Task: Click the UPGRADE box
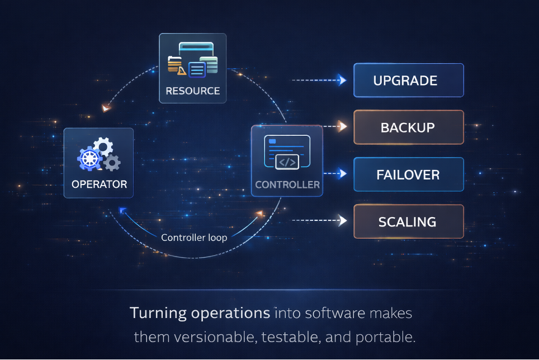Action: pos(408,80)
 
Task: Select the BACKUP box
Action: pos(408,127)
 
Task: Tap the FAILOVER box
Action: pos(408,174)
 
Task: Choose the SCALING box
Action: pos(408,222)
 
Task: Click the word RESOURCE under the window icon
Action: pos(192,91)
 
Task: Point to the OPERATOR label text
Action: pos(99,184)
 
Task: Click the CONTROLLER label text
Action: pos(287,184)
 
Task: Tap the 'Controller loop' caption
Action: pos(194,238)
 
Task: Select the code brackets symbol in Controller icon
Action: pos(287,162)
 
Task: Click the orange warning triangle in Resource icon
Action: pos(181,71)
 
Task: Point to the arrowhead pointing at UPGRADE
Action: pos(342,80)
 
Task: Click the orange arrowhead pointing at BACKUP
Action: pos(342,126)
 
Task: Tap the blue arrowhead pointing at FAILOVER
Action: pos(342,174)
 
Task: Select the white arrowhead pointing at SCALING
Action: pos(342,221)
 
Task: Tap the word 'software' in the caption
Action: pos(333,312)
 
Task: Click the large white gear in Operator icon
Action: pos(103,146)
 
